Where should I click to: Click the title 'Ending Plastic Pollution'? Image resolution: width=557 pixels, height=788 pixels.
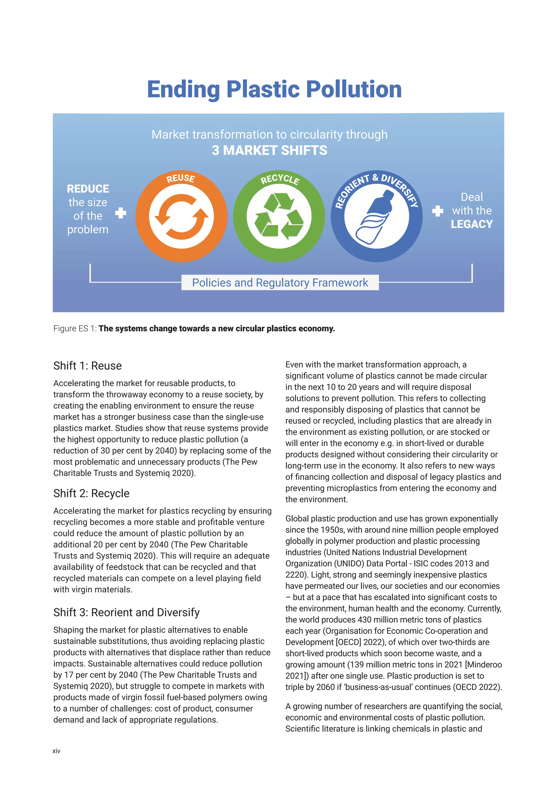pos(274,90)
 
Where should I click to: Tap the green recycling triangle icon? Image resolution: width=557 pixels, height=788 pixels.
pos(279,216)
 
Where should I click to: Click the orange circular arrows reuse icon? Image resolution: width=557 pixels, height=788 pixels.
pos(181,217)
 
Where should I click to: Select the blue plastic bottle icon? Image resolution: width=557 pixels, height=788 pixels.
pos(376,217)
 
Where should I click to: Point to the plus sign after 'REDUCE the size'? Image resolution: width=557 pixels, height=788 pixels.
pos(121,213)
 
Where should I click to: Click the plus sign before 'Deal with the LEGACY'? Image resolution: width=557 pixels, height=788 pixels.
pos(437,211)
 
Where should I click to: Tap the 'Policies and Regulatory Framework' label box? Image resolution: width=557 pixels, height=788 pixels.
pos(280,282)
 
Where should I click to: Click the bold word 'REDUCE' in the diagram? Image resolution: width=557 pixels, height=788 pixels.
pos(88,189)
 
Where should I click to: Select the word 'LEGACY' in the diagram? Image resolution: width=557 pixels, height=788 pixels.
pos(472,224)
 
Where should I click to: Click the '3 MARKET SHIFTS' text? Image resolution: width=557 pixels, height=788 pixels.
pos(269,150)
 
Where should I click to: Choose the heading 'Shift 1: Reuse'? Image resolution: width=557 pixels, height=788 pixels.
pos(88,366)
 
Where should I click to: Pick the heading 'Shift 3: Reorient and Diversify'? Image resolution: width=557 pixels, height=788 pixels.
pos(126,612)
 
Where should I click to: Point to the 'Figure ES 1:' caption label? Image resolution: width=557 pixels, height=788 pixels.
pos(75,328)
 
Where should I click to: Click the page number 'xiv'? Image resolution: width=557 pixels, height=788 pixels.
pos(56,751)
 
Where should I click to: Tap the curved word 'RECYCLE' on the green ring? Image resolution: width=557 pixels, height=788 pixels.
pos(280,179)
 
